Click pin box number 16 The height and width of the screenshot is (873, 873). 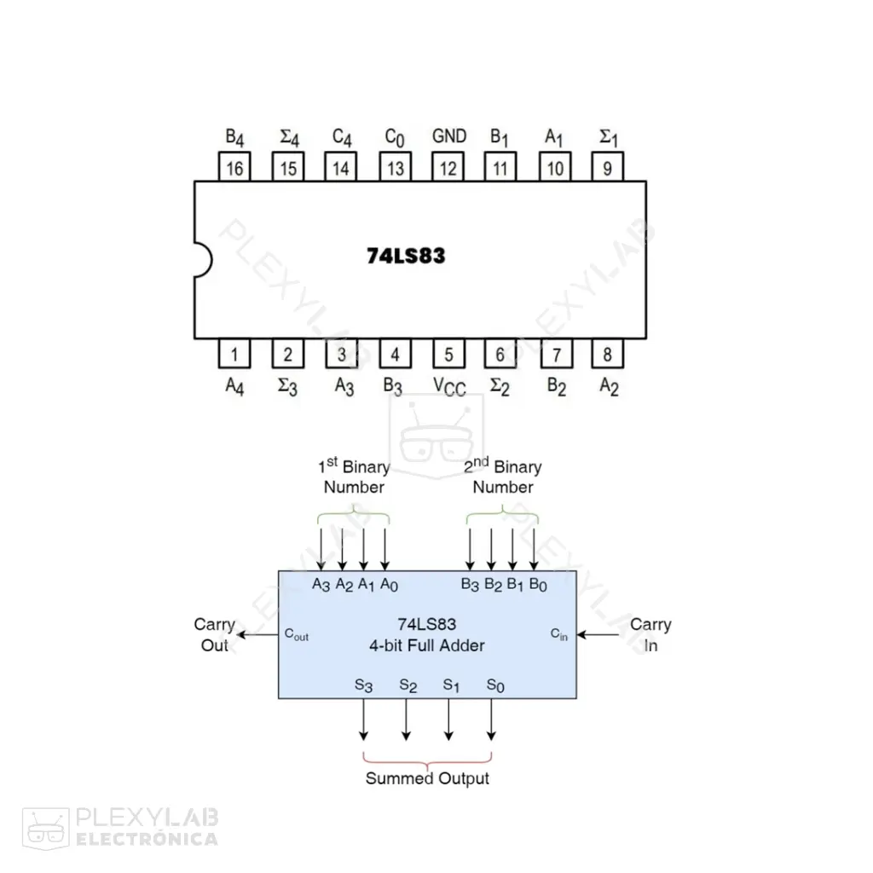tap(234, 167)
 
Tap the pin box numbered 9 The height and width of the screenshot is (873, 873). tap(607, 167)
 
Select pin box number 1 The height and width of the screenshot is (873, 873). tap(234, 354)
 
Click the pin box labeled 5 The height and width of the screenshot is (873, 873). tap(448, 354)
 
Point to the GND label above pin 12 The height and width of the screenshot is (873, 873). tap(449, 136)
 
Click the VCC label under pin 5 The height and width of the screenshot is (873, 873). tap(449, 386)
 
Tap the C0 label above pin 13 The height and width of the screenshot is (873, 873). tap(395, 137)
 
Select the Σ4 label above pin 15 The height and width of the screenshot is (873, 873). tap(290, 137)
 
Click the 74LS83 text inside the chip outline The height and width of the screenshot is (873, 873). tap(406, 256)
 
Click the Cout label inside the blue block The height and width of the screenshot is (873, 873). tap(296, 634)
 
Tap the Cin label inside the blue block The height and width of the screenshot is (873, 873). tap(559, 634)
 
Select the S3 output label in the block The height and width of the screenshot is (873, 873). tap(363, 685)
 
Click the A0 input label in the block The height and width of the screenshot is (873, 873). tap(389, 585)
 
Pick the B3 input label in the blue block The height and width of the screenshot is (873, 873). tap(470, 585)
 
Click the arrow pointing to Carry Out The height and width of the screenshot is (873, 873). tap(257, 634)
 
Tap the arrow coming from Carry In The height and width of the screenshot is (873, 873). tap(598, 634)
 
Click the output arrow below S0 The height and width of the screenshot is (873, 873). tap(491, 720)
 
